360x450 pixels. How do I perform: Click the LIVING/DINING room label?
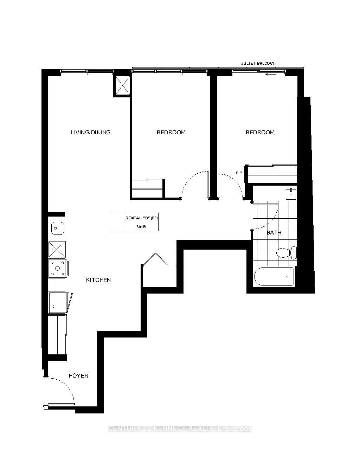pos(91,133)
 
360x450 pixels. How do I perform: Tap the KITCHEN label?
pos(98,280)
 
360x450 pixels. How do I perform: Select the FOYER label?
pos(78,376)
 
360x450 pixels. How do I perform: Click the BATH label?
pos(274,233)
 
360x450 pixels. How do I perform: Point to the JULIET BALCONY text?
pos(257,63)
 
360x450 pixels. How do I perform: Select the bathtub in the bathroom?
pos(274,277)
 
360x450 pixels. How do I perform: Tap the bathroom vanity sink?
pos(291,193)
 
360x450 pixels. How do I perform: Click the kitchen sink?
pos(57,229)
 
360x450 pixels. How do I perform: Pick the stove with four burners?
pos(57,268)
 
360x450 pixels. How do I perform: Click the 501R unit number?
pos(141,227)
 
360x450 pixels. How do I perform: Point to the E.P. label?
pos(239,173)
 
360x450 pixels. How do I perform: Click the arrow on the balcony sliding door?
pos(270,74)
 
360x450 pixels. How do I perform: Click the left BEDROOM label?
pos(171,133)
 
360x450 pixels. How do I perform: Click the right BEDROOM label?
pos(260,133)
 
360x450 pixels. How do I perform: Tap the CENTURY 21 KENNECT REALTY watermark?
pos(180,429)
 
